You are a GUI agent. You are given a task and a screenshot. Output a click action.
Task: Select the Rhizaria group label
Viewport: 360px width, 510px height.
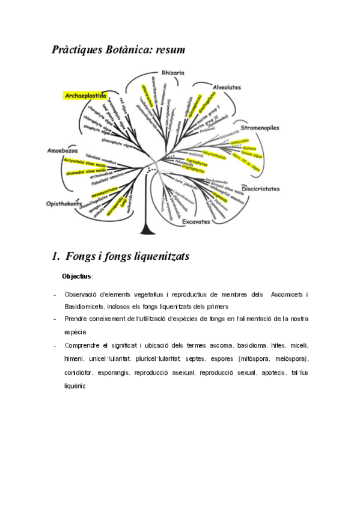tap(172, 73)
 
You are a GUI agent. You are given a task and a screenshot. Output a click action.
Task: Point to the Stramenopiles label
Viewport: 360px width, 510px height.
tap(260, 128)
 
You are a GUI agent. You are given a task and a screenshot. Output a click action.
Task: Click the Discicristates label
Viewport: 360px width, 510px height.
tap(260, 188)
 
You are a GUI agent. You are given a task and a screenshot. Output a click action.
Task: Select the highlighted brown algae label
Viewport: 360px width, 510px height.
tap(252, 155)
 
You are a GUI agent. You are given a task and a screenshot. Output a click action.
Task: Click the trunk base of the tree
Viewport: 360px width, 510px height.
tap(145, 231)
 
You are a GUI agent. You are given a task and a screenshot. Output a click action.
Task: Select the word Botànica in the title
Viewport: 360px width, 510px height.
tap(128, 50)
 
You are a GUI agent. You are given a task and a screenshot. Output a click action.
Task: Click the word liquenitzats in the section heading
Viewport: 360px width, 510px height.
tap(157, 256)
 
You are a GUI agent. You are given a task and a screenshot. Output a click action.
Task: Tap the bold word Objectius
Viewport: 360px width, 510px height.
tap(77, 277)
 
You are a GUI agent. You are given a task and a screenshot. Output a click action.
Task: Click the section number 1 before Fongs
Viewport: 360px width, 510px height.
tap(55, 256)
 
